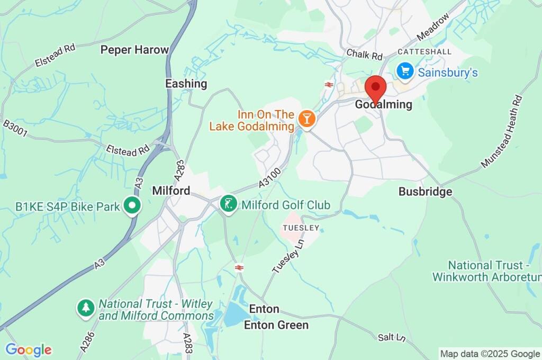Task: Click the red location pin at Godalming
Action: pyautogui.click(x=376, y=88)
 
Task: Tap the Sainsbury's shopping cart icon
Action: pyautogui.click(x=405, y=70)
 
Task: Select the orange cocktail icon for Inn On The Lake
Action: pyautogui.click(x=306, y=118)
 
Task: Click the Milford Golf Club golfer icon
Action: pyautogui.click(x=229, y=203)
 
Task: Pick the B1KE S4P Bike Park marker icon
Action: pyautogui.click(x=132, y=206)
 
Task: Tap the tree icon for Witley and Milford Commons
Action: pyautogui.click(x=86, y=308)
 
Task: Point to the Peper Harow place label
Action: pyautogui.click(x=134, y=50)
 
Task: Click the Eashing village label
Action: pyautogui.click(x=186, y=84)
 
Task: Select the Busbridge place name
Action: pyautogui.click(x=426, y=192)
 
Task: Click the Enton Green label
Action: pyautogui.click(x=276, y=325)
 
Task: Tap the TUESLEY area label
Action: pyautogui.click(x=301, y=228)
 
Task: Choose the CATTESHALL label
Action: pyautogui.click(x=424, y=52)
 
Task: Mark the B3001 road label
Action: pyautogui.click(x=15, y=129)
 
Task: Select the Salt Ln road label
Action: pyautogui.click(x=392, y=337)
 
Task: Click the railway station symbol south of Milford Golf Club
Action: pyautogui.click(x=239, y=268)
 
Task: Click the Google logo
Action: pyautogui.click(x=29, y=350)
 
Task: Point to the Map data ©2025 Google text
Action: pyautogui.click(x=490, y=354)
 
